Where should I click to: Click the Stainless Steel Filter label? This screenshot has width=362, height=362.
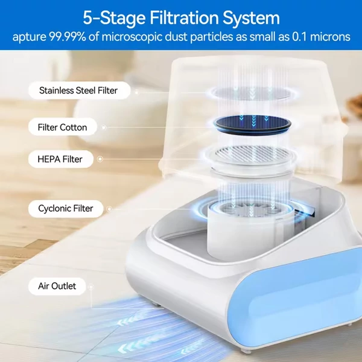pyautogui.click(x=80, y=91)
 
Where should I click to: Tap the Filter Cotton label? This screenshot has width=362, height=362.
pyautogui.click(x=63, y=127)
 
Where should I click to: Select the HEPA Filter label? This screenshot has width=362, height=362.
pyautogui.click(x=61, y=159)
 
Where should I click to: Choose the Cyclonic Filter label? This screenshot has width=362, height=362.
pyautogui.click(x=66, y=209)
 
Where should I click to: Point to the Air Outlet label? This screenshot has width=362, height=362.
pyautogui.click(x=57, y=286)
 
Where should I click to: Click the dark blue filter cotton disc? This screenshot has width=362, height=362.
pyautogui.click(x=252, y=125)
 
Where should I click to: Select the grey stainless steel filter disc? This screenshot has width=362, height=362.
pyautogui.click(x=252, y=94)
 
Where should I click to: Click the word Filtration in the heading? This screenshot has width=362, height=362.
pyautogui.click(x=184, y=17)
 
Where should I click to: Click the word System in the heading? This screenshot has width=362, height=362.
pyautogui.click(x=251, y=18)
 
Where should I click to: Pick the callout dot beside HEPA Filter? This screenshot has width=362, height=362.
pyautogui.click(x=100, y=159)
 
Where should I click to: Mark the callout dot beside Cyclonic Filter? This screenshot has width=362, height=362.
pyautogui.click(x=109, y=209)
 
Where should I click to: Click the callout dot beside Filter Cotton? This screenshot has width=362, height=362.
pyautogui.click(x=104, y=127)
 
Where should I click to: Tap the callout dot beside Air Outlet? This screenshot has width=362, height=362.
pyautogui.click(x=91, y=287)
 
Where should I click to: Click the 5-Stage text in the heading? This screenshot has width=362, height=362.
pyautogui.click(x=114, y=18)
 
